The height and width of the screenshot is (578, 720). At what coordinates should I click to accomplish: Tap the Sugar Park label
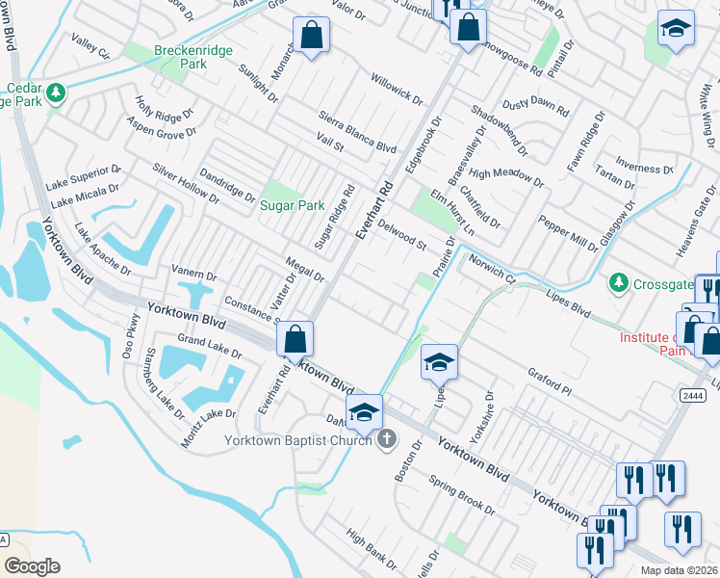coord(292,205)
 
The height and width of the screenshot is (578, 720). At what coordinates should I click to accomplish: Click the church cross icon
coord(386,440)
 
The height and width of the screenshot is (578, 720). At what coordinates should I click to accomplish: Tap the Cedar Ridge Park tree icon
coord(56,93)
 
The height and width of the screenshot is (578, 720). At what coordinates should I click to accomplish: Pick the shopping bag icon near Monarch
coord(312,37)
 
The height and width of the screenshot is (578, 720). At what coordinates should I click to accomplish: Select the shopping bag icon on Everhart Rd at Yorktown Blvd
coord(295,339)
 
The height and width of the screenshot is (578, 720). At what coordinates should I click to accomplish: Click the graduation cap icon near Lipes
coord(439,362)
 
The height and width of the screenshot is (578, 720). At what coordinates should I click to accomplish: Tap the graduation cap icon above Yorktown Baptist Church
coord(365,412)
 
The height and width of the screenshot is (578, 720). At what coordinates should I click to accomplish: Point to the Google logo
coord(32,565)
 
